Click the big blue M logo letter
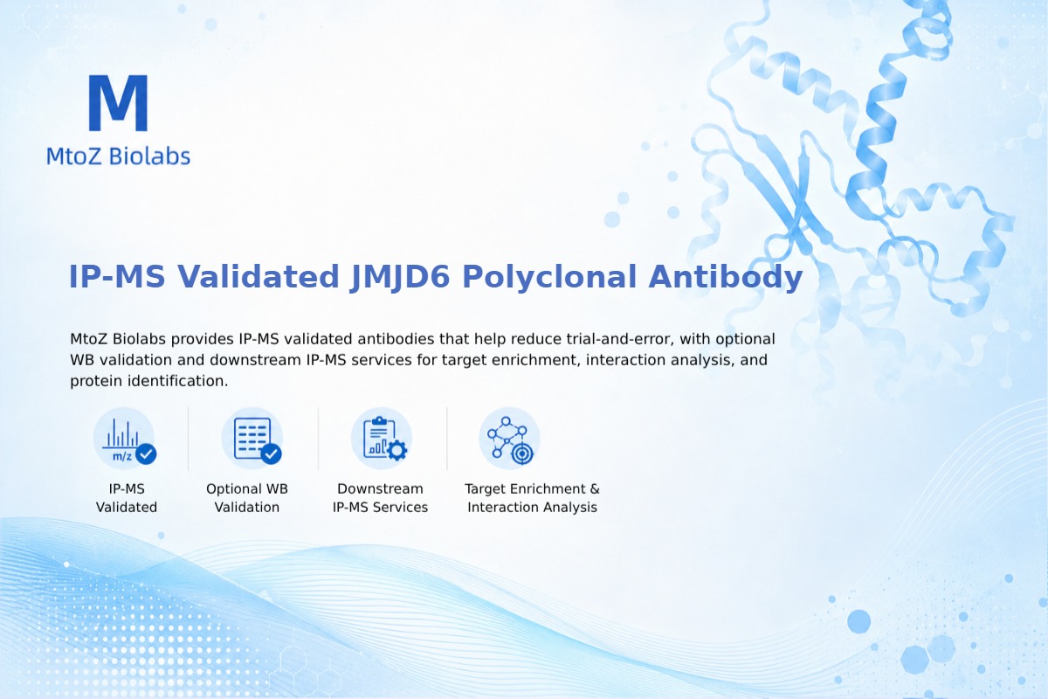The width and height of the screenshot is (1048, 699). pyautogui.click(x=119, y=102)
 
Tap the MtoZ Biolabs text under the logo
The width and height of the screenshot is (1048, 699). pyautogui.click(x=119, y=156)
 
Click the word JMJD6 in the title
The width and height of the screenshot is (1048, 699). pyautogui.click(x=400, y=277)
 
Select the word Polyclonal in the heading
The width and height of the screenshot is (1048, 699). pyautogui.click(x=549, y=277)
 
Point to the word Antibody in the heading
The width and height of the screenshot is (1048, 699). pyautogui.click(x=726, y=277)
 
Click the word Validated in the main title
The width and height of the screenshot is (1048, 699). pyautogui.click(x=258, y=276)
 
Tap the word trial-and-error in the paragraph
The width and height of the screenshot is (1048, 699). pyautogui.click(x=620, y=338)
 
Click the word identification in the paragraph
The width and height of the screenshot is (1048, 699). pyautogui.click(x=178, y=381)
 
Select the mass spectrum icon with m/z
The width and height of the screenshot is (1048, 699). pyautogui.click(x=124, y=439)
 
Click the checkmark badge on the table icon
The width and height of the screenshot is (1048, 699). pyautogui.click(x=271, y=453)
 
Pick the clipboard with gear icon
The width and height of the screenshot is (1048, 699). pyautogui.click(x=382, y=439)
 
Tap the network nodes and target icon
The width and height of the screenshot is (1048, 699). pyautogui.click(x=509, y=439)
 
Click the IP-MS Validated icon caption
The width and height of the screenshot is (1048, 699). pyautogui.click(x=127, y=498)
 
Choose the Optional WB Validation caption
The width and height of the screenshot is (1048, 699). pyautogui.click(x=247, y=498)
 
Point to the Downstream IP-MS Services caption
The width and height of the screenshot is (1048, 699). pyautogui.click(x=381, y=498)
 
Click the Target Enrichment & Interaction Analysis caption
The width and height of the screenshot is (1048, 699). pyautogui.click(x=533, y=498)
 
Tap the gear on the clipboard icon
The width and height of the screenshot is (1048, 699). pyautogui.click(x=397, y=450)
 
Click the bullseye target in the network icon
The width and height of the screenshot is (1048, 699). pyautogui.click(x=522, y=453)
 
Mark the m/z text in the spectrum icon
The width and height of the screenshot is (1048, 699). pyautogui.click(x=122, y=456)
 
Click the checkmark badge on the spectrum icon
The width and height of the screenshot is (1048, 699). pyautogui.click(x=146, y=453)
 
